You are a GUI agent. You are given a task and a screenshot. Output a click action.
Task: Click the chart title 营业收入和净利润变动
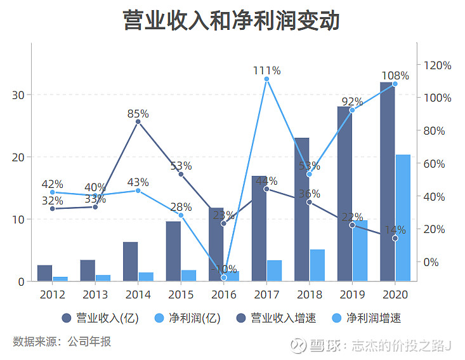232,20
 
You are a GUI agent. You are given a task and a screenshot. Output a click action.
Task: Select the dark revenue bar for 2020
387,184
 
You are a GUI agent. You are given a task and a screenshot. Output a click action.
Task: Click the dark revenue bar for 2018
301,210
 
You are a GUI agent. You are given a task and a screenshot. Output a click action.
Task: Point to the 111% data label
266,70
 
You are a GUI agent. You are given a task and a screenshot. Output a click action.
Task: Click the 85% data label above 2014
138,114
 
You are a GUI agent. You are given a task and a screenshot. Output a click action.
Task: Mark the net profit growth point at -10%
224,277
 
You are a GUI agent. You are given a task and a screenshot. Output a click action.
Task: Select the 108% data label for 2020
395,76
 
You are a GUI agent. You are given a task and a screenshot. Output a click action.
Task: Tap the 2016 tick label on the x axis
223,295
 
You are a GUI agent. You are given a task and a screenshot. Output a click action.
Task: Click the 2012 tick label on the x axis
52,295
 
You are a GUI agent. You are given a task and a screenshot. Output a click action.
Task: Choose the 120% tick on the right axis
438,65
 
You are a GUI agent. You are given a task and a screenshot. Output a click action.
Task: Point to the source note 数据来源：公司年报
62,342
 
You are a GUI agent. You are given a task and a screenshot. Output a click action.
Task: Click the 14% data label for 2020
395,230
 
